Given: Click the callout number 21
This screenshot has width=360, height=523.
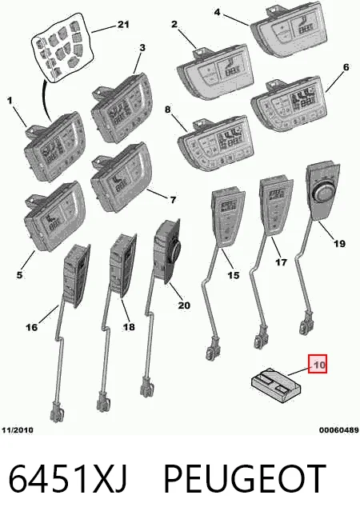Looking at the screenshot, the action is [x=123, y=25].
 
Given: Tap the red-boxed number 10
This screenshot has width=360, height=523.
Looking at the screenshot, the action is [x=318, y=364].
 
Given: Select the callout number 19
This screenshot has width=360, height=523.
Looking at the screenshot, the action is [x=339, y=243].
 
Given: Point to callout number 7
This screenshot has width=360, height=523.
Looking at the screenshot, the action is [x=173, y=200].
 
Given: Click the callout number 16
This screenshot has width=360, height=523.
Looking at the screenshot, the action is [x=32, y=327].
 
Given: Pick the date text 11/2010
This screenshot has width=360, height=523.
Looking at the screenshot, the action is [x=18, y=430].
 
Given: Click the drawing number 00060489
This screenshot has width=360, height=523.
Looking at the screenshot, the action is [x=338, y=430].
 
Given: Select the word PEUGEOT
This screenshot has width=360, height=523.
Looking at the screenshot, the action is [x=245, y=479].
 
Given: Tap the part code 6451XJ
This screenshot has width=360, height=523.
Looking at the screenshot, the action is [x=68, y=479].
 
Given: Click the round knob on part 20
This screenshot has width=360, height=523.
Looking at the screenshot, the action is [x=175, y=248].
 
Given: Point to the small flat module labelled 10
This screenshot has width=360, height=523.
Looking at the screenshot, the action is [x=276, y=385].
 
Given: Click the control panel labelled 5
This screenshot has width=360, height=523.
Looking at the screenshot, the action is [x=54, y=215].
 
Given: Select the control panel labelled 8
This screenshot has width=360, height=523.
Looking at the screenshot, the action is [x=215, y=143].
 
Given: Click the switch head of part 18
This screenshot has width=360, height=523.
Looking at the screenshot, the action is [x=123, y=264].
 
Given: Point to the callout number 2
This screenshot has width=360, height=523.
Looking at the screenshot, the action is [x=174, y=24].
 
